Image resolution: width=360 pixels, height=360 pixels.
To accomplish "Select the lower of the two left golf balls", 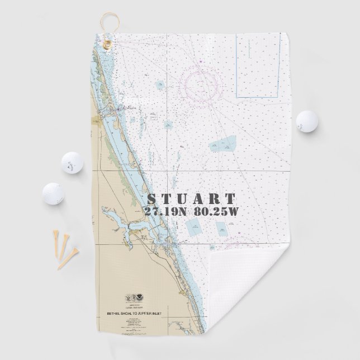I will tap(53, 193).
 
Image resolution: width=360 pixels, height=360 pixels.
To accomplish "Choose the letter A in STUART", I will tap(198, 199).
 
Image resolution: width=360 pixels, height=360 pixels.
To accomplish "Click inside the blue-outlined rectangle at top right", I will tap(254, 64).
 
